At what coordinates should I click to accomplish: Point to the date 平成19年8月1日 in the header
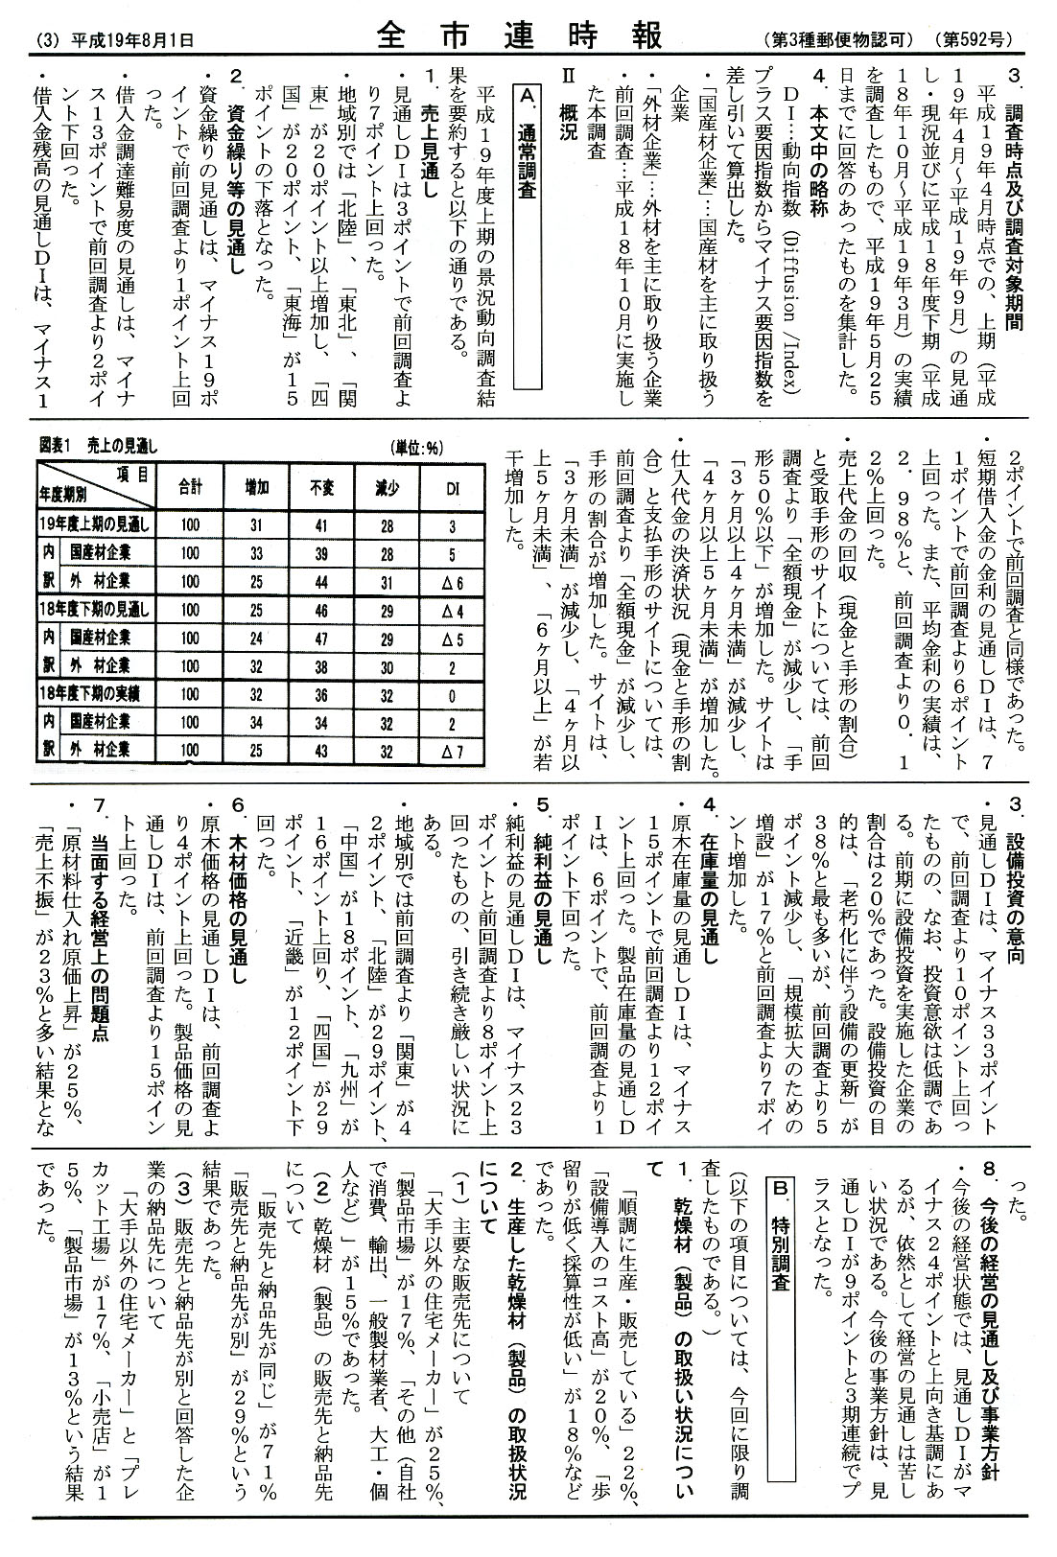[x=124, y=40]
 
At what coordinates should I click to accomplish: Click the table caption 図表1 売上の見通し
[x=99, y=446]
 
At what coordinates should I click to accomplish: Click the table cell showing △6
[x=453, y=581]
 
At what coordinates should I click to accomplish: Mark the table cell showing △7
[x=453, y=750]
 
